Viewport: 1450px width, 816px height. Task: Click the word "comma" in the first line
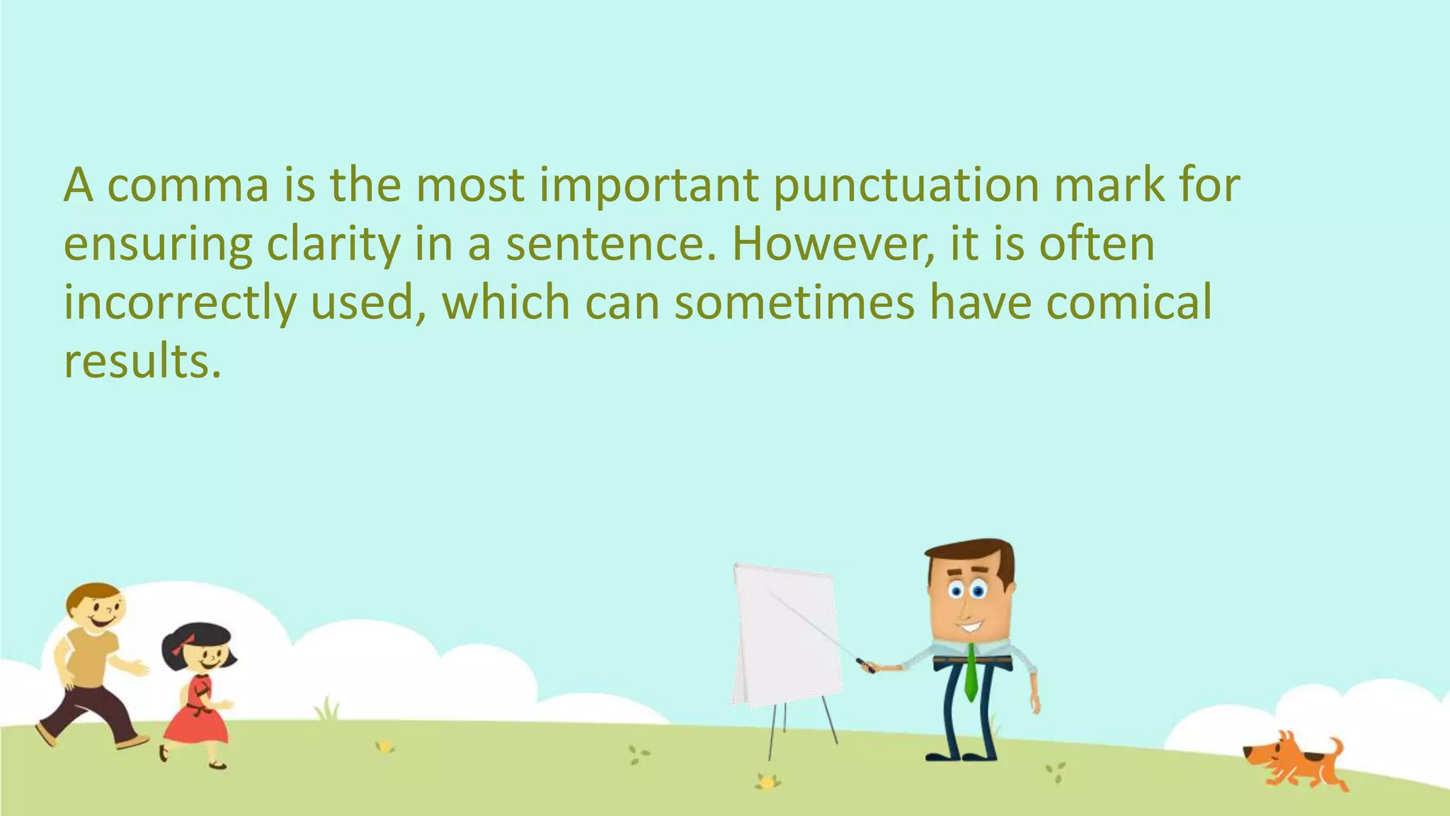188,186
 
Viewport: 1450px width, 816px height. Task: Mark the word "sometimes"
794,302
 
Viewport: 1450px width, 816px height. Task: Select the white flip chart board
786,634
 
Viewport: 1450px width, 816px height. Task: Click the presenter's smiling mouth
969,628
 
